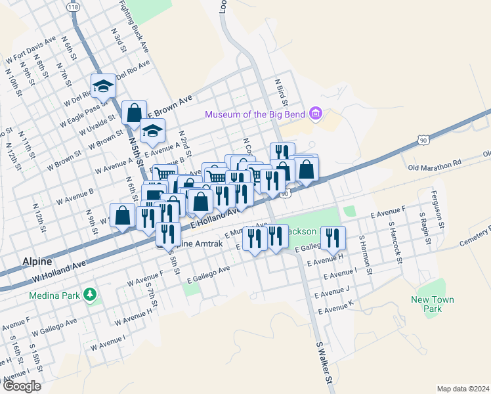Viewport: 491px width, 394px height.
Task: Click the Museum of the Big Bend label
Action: [256, 114]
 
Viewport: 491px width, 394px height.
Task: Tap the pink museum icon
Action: [316, 114]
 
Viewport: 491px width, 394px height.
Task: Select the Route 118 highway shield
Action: [73, 6]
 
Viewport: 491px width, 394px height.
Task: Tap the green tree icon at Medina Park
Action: [91, 295]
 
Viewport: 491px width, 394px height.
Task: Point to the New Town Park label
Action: [432, 304]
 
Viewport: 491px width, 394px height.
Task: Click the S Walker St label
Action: [324, 362]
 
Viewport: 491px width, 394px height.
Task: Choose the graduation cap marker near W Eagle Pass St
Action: [104, 86]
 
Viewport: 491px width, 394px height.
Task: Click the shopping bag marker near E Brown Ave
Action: [134, 113]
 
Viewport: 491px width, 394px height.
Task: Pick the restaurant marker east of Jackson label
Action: [335, 237]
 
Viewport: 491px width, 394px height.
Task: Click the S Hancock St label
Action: [396, 244]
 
